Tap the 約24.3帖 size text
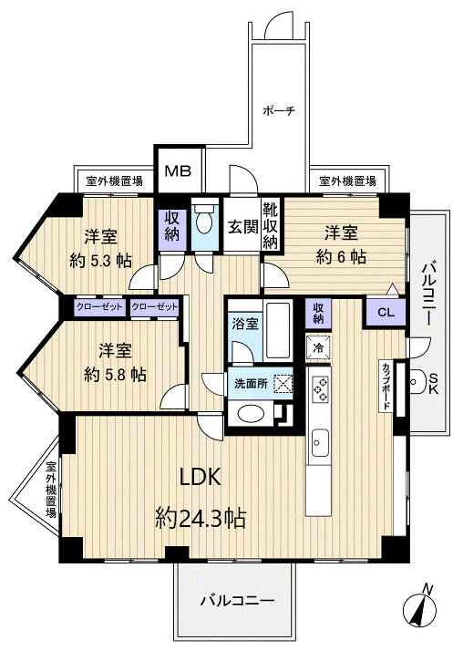coord(201,519)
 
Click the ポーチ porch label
coord(278,111)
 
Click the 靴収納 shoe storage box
coord(271,224)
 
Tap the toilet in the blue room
coord(206,222)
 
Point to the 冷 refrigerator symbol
coord(318,347)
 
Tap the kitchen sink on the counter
coord(319,446)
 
